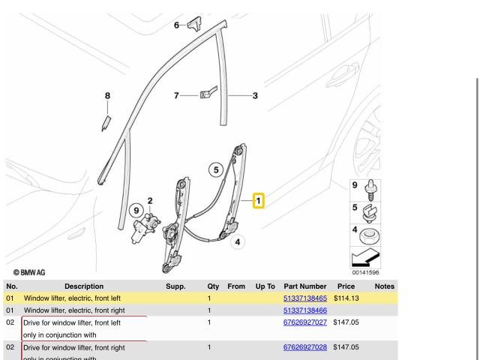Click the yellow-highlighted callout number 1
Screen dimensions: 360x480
(257, 201)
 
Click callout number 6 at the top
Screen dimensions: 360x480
(177, 25)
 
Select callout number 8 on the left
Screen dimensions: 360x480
(107, 95)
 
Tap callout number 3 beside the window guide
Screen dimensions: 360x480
(255, 95)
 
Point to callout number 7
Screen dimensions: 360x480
(177, 95)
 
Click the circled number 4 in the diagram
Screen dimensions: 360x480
(237, 241)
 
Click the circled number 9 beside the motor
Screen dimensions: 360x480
(136, 211)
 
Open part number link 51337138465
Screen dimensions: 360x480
(304, 298)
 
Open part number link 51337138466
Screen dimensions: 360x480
(304, 310)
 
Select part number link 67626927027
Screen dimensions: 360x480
(304, 322)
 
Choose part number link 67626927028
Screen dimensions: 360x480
(304, 347)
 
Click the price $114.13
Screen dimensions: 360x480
(346, 298)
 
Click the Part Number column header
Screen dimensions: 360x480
(304, 286)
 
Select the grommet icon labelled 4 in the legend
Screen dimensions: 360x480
(368, 238)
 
